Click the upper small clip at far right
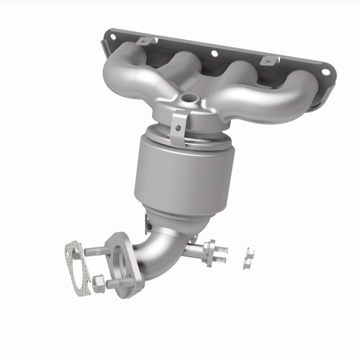[x=249, y=250]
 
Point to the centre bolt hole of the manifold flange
[x=214, y=54]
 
